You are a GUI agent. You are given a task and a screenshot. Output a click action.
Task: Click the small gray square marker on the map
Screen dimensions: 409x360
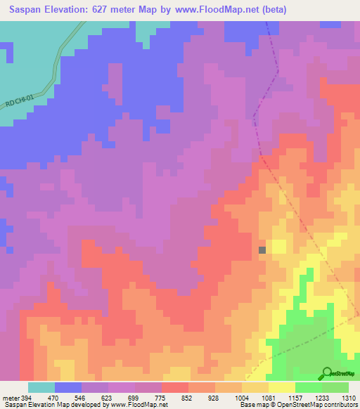(262, 249)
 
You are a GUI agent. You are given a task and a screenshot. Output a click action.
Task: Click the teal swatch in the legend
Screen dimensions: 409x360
(41, 388)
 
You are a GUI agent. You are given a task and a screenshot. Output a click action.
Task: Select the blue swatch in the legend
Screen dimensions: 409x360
(68, 388)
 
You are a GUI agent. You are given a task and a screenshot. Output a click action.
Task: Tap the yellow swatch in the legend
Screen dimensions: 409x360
(282, 388)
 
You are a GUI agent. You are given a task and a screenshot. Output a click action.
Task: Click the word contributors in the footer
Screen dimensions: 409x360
(340, 405)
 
